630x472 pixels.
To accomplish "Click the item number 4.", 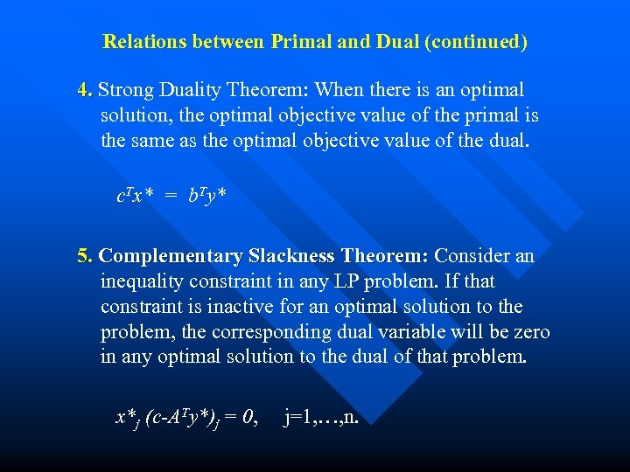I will [x=85, y=90].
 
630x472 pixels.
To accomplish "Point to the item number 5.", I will [x=85, y=257].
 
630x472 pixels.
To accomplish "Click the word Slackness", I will [x=291, y=257].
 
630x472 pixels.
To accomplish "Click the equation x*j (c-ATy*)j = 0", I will [x=185, y=418].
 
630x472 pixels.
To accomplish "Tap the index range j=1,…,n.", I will [x=321, y=418].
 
